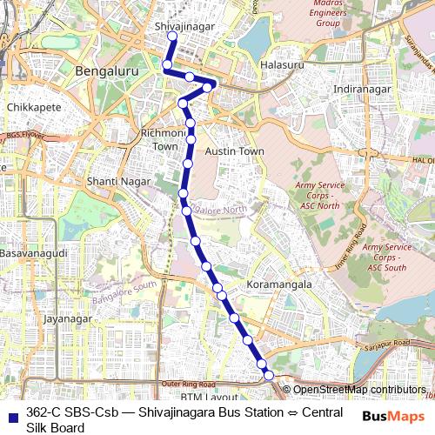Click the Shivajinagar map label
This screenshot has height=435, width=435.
[184, 27]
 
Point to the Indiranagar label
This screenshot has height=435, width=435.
[365, 89]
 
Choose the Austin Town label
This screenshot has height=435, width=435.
[234, 151]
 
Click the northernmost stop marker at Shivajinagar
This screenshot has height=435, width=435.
[172, 37]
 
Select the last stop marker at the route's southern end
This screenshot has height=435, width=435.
[269, 375]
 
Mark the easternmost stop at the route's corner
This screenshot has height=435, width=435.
[209, 85]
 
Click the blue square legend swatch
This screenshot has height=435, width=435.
[12, 412]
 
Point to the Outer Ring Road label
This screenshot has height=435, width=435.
[188, 384]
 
